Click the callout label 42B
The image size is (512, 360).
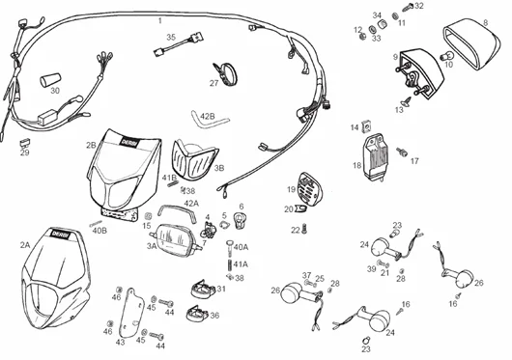pyautogui.click(x=207, y=116)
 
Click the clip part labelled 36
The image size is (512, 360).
pyautogui.click(x=196, y=315)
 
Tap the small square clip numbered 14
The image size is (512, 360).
pyautogui.click(x=367, y=125)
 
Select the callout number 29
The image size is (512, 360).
pyautogui.click(x=24, y=152)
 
